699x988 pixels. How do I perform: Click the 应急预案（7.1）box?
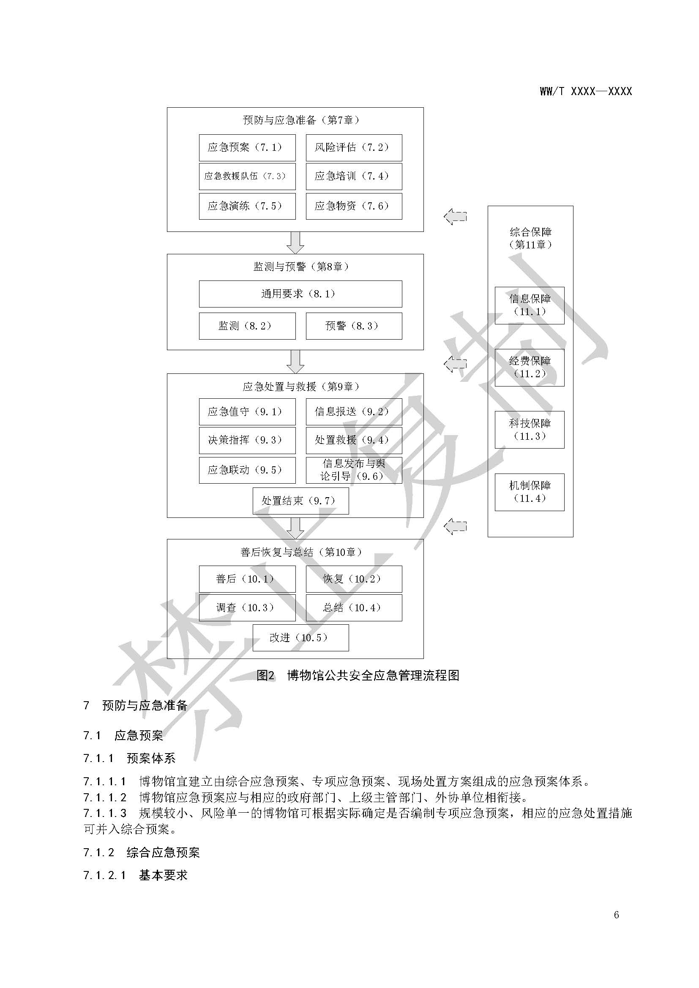click(x=247, y=147)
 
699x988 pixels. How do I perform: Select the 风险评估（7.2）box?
click(x=354, y=147)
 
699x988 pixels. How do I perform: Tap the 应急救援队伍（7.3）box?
click(x=247, y=176)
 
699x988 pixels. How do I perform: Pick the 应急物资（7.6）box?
click(x=354, y=206)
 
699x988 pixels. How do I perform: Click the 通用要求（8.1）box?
click(x=300, y=294)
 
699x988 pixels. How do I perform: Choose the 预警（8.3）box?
click(x=354, y=326)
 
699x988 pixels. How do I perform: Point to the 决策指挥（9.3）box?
click(x=247, y=440)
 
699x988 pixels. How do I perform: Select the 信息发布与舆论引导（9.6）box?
click(x=354, y=470)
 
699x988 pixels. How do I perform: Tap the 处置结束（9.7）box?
click(x=300, y=501)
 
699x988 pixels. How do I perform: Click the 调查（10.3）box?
click(x=247, y=607)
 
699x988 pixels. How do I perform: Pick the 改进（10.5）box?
click(x=300, y=638)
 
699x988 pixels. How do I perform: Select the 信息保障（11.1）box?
click(x=530, y=305)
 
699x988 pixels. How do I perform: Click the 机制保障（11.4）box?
click(x=530, y=492)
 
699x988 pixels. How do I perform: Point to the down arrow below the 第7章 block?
click(x=295, y=243)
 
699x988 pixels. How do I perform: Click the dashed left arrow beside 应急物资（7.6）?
click(x=456, y=216)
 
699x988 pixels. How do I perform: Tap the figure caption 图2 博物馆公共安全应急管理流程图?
click(x=358, y=675)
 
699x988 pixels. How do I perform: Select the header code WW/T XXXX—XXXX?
click(x=586, y=91)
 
